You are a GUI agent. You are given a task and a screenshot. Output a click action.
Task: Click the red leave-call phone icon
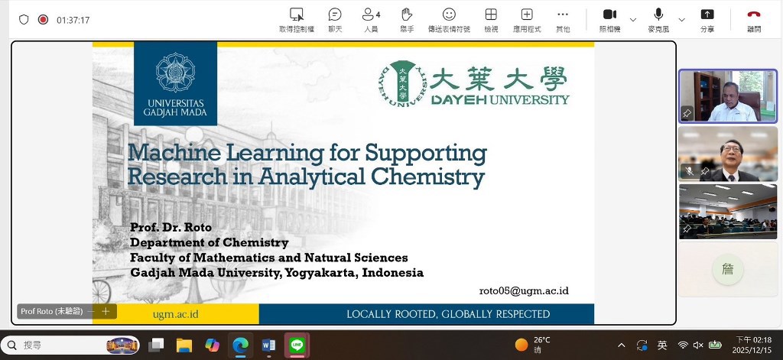click(753, 15)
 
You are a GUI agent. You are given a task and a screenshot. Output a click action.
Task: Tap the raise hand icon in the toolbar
click(407, 15)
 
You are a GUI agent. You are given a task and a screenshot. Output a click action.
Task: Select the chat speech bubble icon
click(335, 15)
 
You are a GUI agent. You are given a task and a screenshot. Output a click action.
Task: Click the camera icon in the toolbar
click(609, 15)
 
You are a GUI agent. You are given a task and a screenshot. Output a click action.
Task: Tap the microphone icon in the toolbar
click(658, 15)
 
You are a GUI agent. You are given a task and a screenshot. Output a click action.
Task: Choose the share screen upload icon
click(707, 15)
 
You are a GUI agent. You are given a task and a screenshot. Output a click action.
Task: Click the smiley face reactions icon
click(449, 15)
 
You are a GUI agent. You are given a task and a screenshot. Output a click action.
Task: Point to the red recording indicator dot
click(44, 19)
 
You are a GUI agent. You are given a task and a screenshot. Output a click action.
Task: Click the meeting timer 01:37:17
click(73, 20)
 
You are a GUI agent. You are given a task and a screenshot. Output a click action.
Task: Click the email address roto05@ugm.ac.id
click(524, 291)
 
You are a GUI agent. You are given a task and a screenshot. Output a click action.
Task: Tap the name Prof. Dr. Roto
click(171, 227)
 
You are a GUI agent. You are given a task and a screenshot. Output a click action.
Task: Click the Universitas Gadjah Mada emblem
click(175, 73)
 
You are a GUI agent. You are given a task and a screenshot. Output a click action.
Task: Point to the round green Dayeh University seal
click(402, 83)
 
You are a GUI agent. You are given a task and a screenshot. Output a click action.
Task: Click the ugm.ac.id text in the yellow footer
click(176, 314)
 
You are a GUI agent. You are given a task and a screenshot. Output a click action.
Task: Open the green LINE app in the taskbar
click(297, 345)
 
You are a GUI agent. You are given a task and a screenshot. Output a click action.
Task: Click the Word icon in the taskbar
click(268, 345)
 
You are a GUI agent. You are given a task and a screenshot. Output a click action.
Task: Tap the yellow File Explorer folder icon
click(184, 345)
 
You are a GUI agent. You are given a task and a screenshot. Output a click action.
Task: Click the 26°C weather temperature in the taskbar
click(542, 340)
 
